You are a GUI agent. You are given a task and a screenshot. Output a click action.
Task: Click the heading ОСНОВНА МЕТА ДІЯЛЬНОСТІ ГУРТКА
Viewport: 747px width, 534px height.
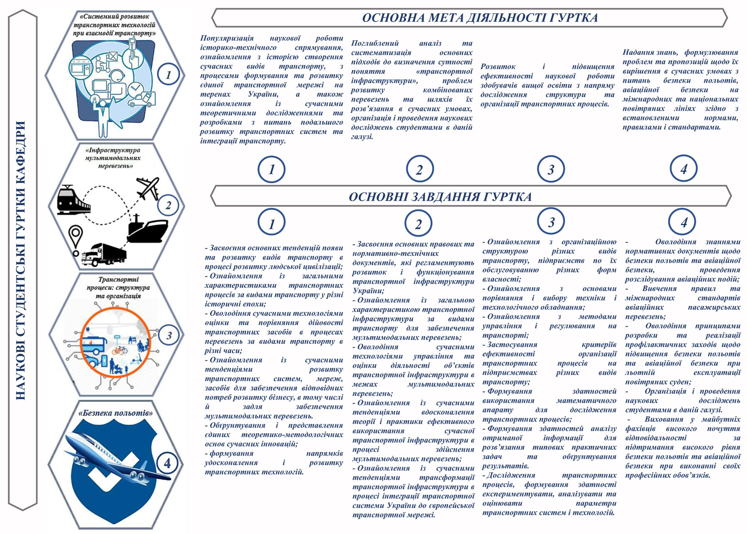(x=480, y=18)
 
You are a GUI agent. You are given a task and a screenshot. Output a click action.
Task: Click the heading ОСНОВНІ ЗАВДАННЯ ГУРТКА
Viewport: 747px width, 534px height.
(x=440, y=197)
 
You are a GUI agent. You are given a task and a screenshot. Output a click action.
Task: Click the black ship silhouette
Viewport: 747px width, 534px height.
(x=147, y=230)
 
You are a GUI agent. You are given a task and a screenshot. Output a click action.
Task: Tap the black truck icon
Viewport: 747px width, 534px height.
(x=104, y=254)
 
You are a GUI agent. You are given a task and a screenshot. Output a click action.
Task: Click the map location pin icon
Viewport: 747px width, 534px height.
(x=76, y=240)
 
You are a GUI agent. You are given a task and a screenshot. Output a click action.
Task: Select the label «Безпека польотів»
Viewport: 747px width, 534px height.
(x=115, y=413)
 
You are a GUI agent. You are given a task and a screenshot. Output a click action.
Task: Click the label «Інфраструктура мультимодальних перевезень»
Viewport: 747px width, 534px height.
(x=113, y=158)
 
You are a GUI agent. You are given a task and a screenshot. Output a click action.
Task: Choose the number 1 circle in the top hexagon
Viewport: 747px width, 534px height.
(x=168, y=75)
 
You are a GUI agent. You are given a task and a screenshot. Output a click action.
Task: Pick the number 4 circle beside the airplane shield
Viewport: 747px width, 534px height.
(x=167, y=463)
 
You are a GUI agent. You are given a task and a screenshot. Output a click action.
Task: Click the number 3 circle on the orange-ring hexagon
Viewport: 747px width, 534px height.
(x=168, y=335)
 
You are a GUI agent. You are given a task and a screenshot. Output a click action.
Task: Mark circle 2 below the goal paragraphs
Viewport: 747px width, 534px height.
(x=420, y=169)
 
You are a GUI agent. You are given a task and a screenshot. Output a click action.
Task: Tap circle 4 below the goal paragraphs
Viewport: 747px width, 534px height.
(x=684, y=168)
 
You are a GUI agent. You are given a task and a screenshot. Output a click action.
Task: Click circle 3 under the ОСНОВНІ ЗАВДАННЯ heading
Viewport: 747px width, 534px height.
(x=551, y=222)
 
